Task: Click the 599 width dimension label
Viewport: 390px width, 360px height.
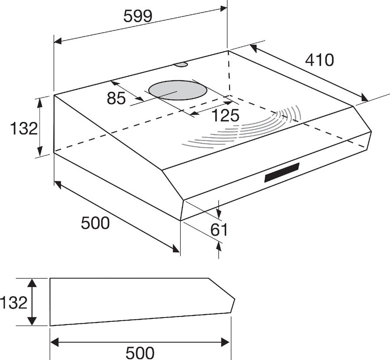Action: point(137,16)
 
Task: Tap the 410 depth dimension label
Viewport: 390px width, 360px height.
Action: point(319,60)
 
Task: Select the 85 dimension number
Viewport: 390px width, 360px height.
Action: point(116,98)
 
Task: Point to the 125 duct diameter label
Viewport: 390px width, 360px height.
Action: point(225,115)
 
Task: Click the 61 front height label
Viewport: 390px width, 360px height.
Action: point(219,230)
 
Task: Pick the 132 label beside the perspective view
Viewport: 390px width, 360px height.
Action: point(24,129)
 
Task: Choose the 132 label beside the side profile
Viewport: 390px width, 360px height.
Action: point(13,303)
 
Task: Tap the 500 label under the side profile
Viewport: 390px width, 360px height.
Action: point(140,353)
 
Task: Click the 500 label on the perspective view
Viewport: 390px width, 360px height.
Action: point(95,223)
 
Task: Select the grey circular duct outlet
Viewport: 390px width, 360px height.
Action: point(177,90)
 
